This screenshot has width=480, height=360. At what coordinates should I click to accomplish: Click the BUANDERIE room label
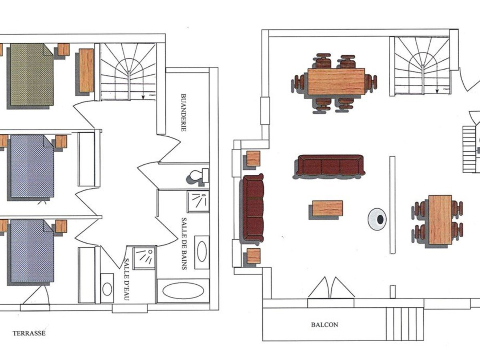coord(184,112)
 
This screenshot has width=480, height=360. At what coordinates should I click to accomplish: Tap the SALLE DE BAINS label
coord(184,244)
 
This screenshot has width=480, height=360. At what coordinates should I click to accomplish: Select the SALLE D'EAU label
coord(127,279)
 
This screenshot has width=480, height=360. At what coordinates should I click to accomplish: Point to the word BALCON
coord(324,324)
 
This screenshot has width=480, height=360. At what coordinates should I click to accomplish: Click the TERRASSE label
coord(29,333)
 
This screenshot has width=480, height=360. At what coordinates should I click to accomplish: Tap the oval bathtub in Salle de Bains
coord(183,290)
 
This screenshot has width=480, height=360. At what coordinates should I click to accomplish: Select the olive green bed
coord(32,74)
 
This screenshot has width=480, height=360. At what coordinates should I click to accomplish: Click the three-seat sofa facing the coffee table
coord(329,165)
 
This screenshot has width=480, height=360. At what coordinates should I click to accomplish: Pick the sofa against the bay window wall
coord(253,208)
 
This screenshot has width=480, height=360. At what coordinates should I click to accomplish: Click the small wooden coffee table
coord(328,208)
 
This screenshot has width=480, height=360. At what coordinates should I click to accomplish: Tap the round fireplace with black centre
coord(377,219)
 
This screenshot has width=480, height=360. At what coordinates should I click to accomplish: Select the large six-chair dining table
coord(336,82)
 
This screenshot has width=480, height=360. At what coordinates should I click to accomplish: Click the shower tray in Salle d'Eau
coord(144,258)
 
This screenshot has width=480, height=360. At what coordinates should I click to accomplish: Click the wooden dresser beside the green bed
coord(86,70)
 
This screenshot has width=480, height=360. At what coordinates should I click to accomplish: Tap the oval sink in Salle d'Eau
coord(107,289)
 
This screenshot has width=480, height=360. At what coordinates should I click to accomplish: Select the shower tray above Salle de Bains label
coord(198,202)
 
